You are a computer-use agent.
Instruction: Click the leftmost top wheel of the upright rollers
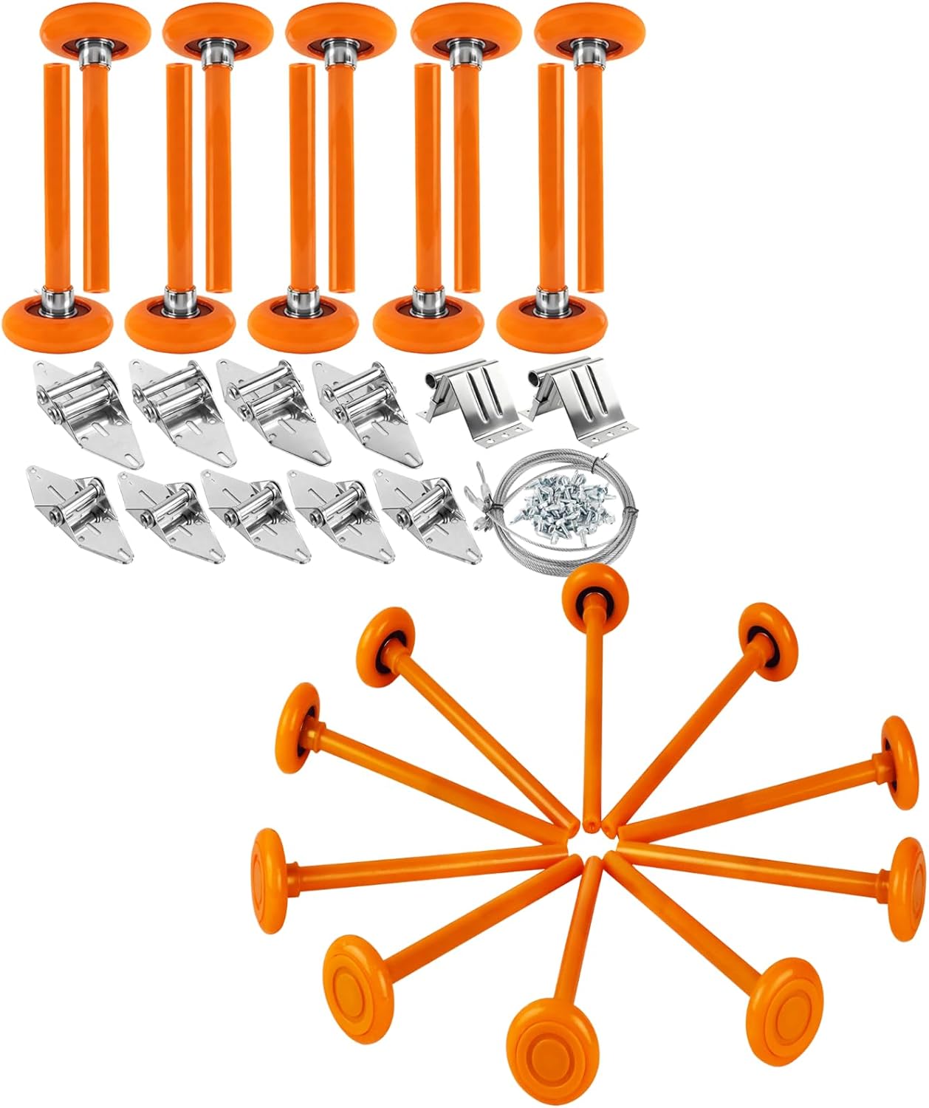tap(95, 28)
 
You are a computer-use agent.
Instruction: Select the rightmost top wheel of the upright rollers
tap(590, 28)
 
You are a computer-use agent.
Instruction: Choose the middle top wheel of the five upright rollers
tap(341, 28)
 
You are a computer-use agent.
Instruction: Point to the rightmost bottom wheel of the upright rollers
tap(552, 321)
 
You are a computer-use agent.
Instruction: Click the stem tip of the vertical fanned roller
tap(591, 821)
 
